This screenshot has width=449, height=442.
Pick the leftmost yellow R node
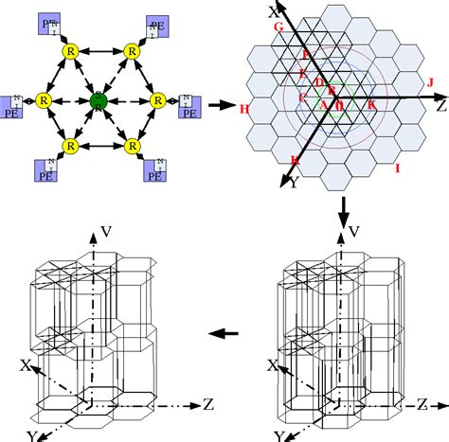pos(40,98)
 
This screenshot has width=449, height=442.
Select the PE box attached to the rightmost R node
pos(188,106)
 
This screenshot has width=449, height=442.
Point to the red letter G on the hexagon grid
pos(278,28)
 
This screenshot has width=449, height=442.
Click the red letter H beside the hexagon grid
pos(245,110)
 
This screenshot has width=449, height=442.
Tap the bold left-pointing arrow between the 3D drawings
pos(224,333)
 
